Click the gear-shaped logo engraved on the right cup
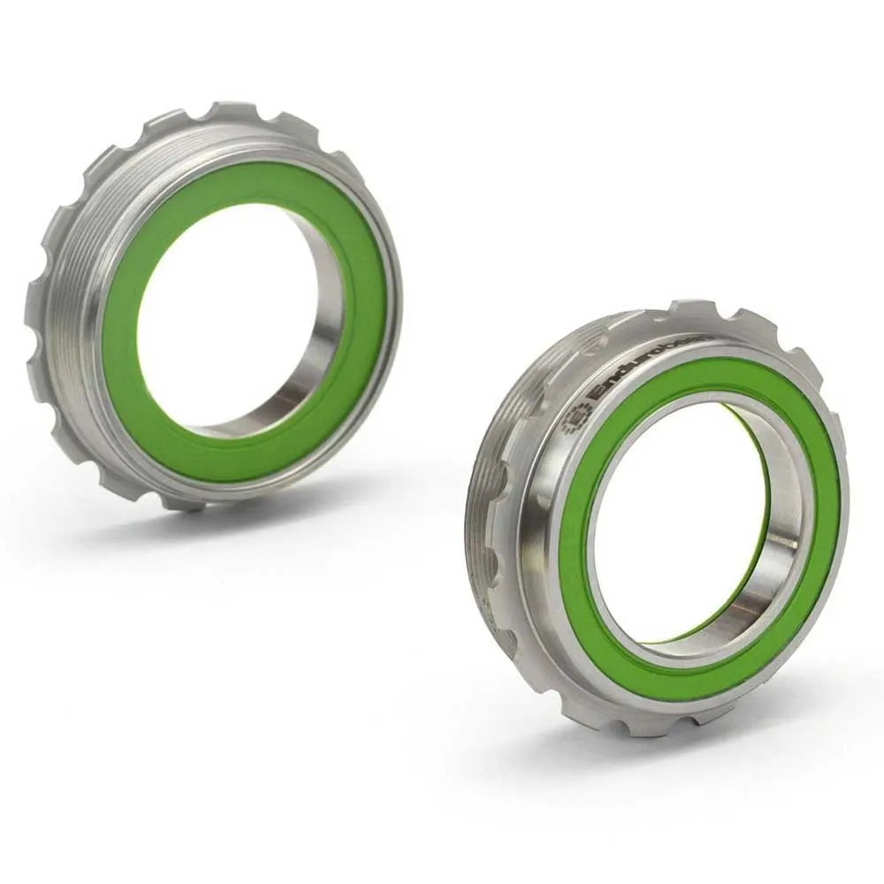pyautogui.click(x=575, y=417)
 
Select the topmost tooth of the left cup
pyautogui.click(x=225, y=110)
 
